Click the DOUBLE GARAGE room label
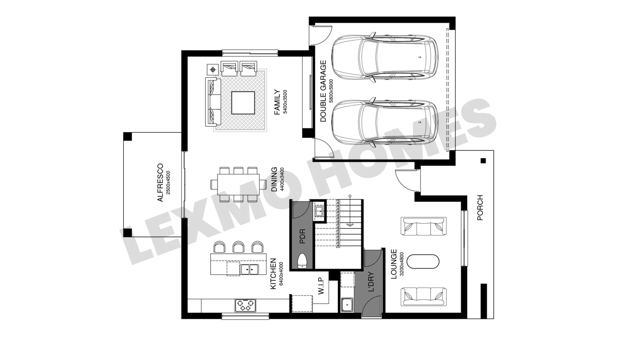[323, 91]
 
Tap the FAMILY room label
[277, 102]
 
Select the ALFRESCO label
[160, 182]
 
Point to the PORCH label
[480, 208]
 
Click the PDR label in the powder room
[302, 236]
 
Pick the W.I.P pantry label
[321, 286]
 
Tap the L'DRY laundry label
[371, 282]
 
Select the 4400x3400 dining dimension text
[282, 179]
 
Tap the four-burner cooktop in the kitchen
[245, 305]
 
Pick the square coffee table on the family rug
[243, 103]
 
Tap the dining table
[239, 184]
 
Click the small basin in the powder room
[319, 211]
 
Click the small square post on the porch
[483, 161]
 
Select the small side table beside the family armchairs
[213, 70]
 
